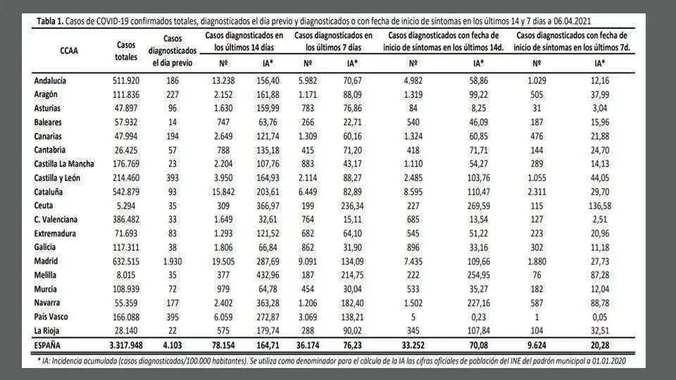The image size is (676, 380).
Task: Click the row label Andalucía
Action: click(x=50, y=80)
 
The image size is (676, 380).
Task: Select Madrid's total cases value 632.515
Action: click(x=126, y=261)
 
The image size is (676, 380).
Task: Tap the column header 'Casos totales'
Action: click(x=126, y=51)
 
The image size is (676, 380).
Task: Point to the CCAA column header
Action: click(x=69, y=51)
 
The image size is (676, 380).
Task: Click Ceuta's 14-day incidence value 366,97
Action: click(x=268, y=205)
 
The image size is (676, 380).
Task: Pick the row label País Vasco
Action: click(x=51, y=317)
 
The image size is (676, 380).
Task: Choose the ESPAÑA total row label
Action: click(x=47, y=345)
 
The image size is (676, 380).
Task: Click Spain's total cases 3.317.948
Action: click(x=126, y=345)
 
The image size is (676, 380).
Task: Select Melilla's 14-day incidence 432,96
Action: click(x=268, y=275)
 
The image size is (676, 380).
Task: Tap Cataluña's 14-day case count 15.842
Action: click(x=223, y=191)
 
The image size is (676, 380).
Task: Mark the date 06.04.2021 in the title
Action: click(x=572, y=21)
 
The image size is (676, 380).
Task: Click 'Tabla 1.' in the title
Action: click(x=50, y=21)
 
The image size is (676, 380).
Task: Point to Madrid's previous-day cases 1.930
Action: click(x=173, y=261)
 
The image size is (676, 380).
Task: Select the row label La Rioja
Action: click(x=46, y=331)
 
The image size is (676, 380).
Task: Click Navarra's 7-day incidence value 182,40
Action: click(x=352, y=303)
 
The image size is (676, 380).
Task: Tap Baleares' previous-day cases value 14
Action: click(x=173, y=122)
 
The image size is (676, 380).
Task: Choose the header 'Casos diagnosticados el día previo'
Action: click(x=173, y=51)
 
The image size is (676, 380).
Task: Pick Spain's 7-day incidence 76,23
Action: click(x=352, y=345)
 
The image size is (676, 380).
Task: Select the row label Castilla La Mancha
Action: click(x=64, y=164)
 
